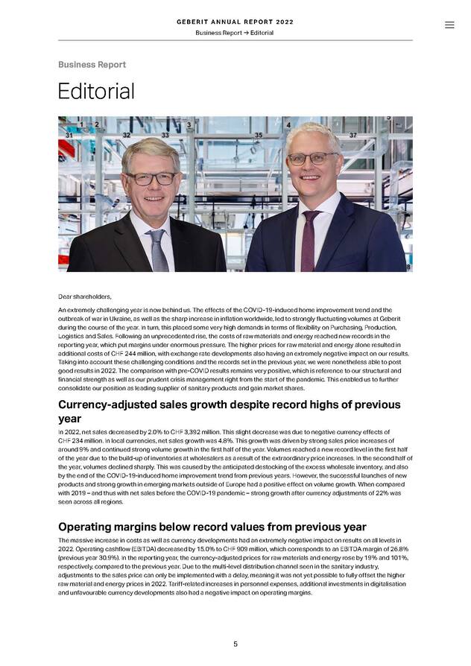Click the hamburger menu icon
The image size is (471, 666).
pyautogui.click(x=449, y=25)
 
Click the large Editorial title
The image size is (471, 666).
pyautogui.click(x=96, y=92)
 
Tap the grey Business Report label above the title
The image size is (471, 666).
pyautogui.click(x=92, y=65)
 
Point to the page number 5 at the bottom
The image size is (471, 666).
pyautogui.click(x=235, y=644)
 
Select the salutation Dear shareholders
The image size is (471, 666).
pyautogui.click(x=84, y=296)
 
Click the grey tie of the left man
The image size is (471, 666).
pyautogui.click(x=159, y=250)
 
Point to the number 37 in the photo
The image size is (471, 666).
pyautogui.click(x=353, y=136)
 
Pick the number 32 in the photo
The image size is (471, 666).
pyautogui.click(x=126, y=136)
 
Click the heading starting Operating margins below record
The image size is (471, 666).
pyautogui.click(x=212, y=527)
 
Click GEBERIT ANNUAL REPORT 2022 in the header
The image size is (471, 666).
pyautogui.click(x=235, y=22)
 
